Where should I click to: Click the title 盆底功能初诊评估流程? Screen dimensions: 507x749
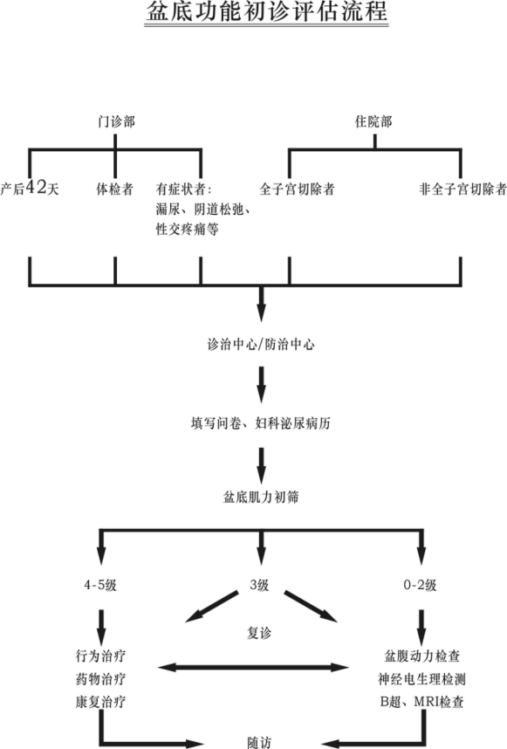click(x=266, y=11)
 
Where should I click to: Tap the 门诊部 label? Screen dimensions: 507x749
click(x=116, y=122)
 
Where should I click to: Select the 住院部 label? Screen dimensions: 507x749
click(x=373, y=122)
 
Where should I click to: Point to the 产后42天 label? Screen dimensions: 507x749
click(x=30, y=189)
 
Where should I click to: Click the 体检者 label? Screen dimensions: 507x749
click(x=115, y=189)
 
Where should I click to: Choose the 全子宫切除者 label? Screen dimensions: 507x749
click(x=297, y=189)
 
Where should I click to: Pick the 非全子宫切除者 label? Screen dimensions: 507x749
click(x=462, y=189)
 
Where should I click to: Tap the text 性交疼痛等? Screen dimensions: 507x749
click(x=187, y=230)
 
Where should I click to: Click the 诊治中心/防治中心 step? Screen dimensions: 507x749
click(x=261, y=345)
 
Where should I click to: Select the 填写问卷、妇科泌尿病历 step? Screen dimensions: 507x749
click(x=261, y=423)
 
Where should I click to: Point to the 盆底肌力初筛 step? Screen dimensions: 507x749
click(x=261, y=498)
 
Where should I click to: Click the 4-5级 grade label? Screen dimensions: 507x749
click(x=100, y=585)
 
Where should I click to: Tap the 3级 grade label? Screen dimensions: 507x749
click(x=259, y=585)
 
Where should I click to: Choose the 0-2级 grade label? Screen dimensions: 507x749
click(x=420, y=585)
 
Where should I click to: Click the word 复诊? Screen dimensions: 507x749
click(x=259, y=634)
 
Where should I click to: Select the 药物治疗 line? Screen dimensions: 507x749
click(x=100, y=679)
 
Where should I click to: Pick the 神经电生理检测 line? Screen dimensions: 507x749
click(x=421, y=679)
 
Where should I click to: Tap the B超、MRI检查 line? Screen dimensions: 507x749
click(x=421, y=702)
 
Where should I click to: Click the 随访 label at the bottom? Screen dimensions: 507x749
click(x=259, y=742)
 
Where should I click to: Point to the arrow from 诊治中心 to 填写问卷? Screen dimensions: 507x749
click(x=261, y=384)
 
